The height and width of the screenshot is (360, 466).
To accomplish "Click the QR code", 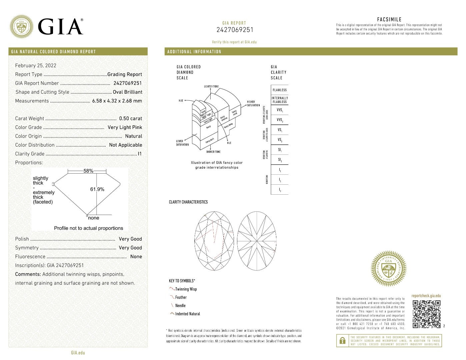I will point(426,314).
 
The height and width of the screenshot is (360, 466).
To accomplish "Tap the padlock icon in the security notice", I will point(342,341).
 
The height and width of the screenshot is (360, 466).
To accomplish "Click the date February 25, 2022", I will point(36,66).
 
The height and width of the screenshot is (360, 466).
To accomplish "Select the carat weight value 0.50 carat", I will point(130,118).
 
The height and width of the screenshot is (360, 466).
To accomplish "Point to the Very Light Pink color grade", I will point(125,127).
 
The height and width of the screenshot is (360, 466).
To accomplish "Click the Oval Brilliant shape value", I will point(127,92).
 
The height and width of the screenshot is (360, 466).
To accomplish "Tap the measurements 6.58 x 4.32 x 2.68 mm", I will point(117,101).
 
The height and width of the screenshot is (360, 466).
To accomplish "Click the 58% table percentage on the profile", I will point(88,171).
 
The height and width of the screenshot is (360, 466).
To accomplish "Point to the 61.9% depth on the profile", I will point(97,189).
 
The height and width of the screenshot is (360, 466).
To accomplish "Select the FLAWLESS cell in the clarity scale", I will point(279,90).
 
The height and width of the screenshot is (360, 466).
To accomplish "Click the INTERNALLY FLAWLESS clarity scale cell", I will point(279,100).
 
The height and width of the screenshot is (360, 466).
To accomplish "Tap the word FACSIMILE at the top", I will point(389,19).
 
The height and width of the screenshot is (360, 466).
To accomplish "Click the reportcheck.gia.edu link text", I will point(426,296).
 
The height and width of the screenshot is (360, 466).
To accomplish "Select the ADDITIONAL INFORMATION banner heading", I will point(194,52).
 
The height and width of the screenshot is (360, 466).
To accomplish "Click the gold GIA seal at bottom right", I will point(389,269).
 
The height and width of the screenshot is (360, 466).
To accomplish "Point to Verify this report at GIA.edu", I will point(234,42).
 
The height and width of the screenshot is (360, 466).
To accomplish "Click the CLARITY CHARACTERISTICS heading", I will point(188,202).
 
